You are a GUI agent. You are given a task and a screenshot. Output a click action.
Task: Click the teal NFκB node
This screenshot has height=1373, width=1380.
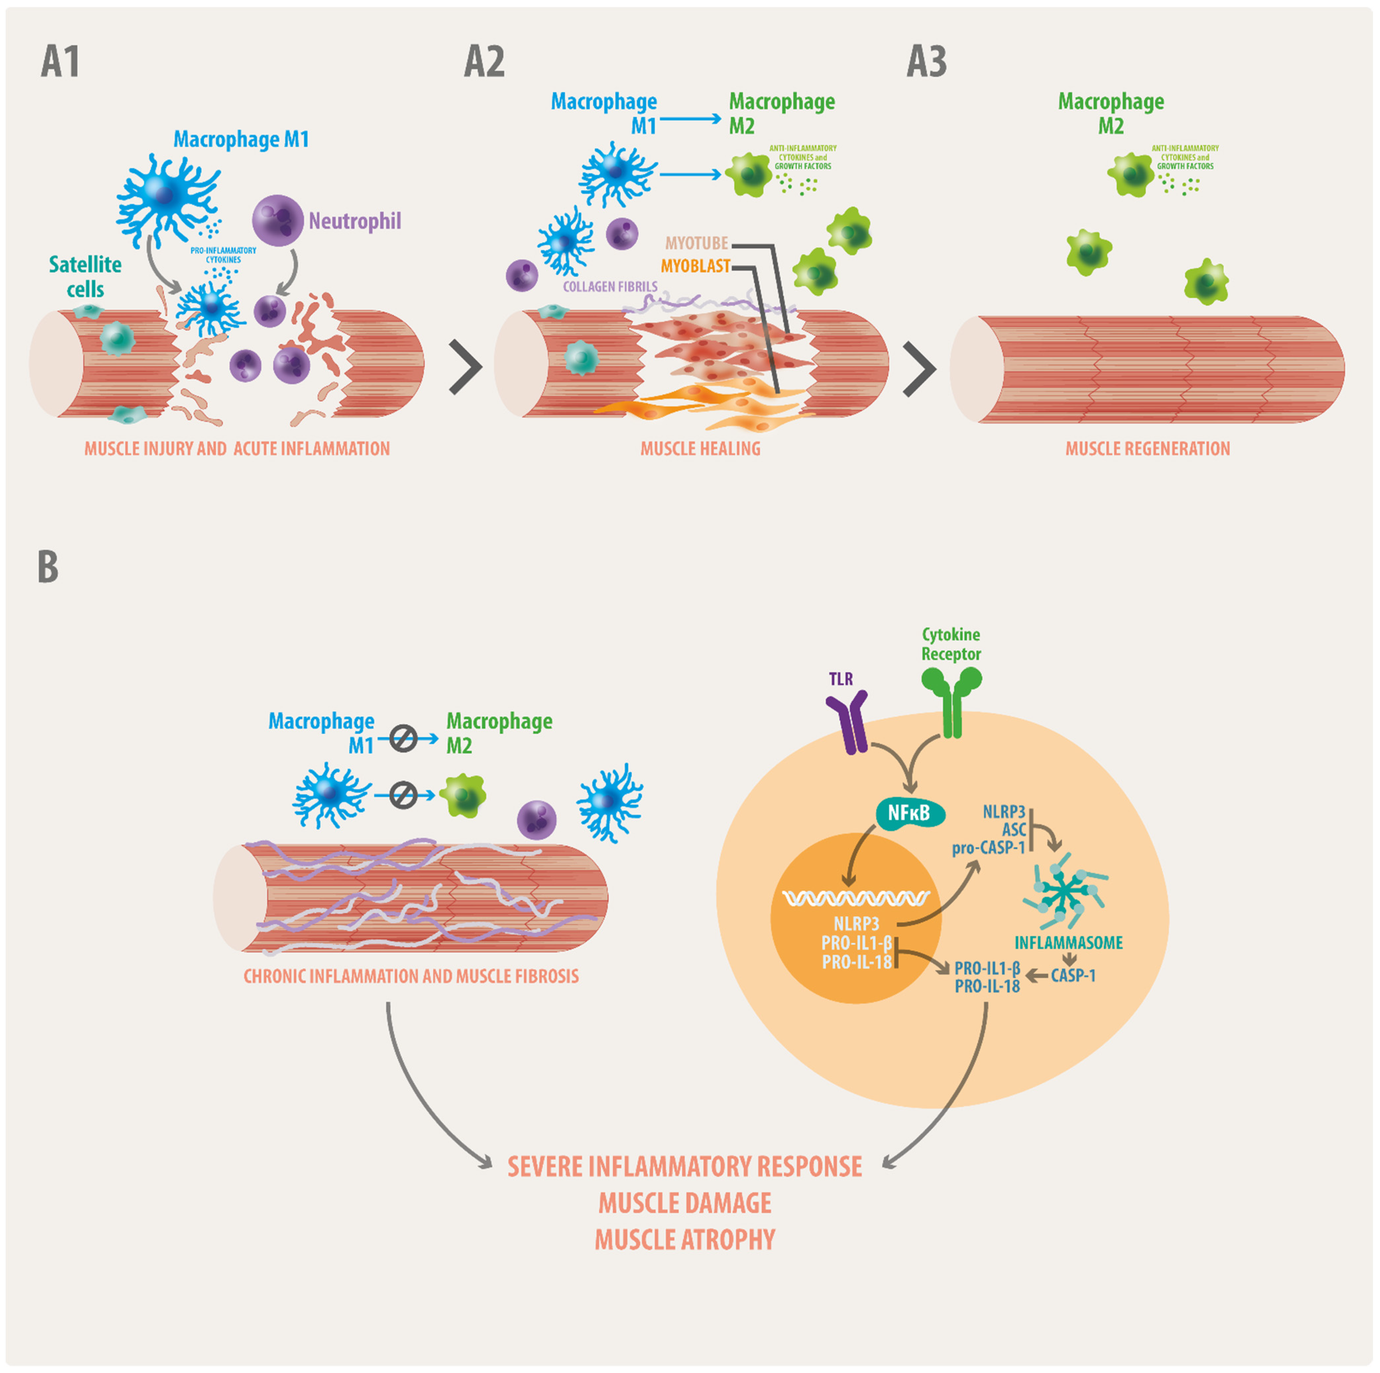pyautogui.click(x=909, y=813)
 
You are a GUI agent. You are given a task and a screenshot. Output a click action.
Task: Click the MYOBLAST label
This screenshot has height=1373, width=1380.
pyautogui.click(x=695, y=266)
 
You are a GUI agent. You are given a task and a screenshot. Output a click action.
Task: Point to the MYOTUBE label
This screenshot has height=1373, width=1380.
pyautogui.click(x=696, y=244)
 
